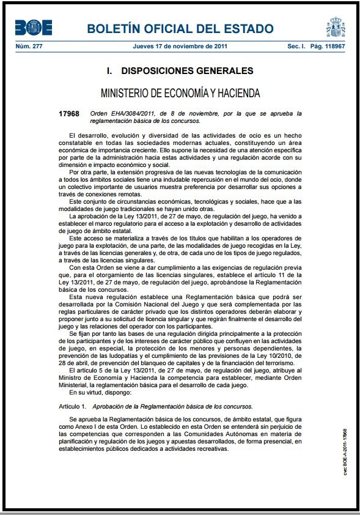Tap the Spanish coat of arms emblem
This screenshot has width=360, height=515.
[335, 28]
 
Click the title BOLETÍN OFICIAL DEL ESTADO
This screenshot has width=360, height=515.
[180, 29]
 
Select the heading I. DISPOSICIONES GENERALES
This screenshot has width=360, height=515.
[180, 71]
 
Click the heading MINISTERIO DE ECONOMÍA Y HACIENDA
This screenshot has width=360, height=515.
[180, 94]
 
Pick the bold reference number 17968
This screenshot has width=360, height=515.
[69, 114]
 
